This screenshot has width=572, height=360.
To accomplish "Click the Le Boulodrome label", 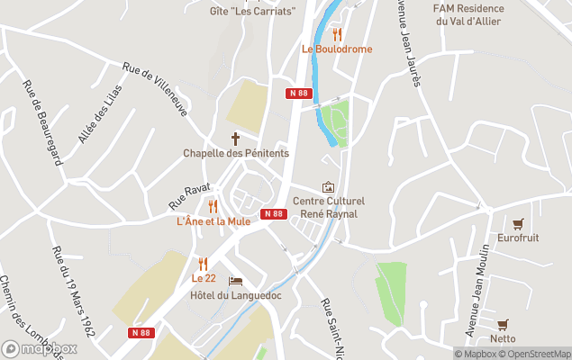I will click(x=336, y=49).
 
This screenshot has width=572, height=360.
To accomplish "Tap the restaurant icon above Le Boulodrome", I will click(x=337, y=34).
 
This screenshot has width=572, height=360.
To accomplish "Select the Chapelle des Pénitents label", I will click(x=236, y=153).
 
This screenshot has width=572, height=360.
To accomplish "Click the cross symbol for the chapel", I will click(x=236, y=139).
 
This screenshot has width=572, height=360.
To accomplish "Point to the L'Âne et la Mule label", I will click(x=213, y=221).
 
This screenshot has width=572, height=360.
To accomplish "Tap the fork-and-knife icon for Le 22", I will click(x=203, y=264).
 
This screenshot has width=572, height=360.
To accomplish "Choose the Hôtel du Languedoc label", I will click(x=236, y=295).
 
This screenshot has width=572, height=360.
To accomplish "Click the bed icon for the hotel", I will click(x=236, y=281).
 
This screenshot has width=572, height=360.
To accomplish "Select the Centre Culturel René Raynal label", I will click(x=327, y=207).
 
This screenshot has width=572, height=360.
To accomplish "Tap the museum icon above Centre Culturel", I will click(x=327, y=186).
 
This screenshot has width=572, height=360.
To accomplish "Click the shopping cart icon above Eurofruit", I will click(x=517, y=224).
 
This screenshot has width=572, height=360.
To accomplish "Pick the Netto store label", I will click(x=503, y=338).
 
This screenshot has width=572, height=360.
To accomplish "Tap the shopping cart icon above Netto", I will click(x=503, y=324).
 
